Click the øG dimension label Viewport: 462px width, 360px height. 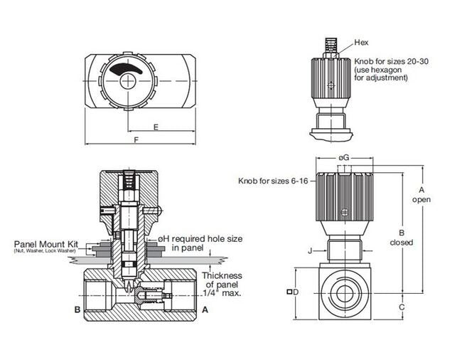click(343, 157)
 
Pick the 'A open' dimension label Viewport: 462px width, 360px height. click(421, 194)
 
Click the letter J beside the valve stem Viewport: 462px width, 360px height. click(310, 250)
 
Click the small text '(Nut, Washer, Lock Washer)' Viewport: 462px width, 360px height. click(45, 250)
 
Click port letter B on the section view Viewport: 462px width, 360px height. click(77, 309)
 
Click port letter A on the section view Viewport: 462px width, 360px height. click(205, 309)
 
